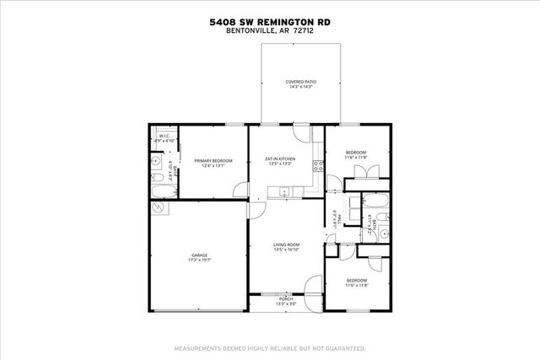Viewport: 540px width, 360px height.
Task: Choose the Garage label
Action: pyautogui.click(x=200, y=257)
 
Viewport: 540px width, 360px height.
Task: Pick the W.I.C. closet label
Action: pyautogui.click(x=165, y=138)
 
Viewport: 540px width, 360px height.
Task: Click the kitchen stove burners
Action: pyautogui.click(x=316, y=165)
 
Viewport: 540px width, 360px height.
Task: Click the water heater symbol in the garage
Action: pyautogui.click(x=158, y=208)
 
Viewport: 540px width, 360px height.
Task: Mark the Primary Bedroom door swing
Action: pyautogui.click(x=240, y=191)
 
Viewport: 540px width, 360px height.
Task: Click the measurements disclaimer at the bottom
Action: pyautogui.click(x=270, y=347)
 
